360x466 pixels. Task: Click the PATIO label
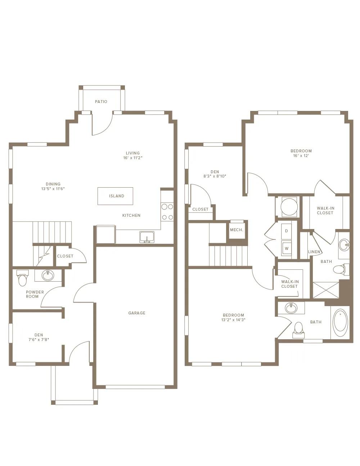101,102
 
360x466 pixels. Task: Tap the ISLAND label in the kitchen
117,196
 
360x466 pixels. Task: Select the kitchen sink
147,237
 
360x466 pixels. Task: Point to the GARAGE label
137,313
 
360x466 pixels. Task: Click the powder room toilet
22,278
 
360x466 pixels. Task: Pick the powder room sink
48,275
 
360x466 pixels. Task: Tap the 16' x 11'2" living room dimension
133,158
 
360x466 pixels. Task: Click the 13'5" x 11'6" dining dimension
53,189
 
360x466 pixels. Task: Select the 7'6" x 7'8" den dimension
39,340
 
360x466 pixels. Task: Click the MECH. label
237,230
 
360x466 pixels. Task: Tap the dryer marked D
286,231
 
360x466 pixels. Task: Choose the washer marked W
287,248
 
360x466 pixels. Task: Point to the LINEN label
314,252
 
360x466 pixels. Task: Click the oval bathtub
340,323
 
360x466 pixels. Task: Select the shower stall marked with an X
326,290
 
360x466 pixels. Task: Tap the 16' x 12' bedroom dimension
301,156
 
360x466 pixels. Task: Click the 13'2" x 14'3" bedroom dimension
233,320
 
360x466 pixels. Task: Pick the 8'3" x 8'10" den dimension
215,176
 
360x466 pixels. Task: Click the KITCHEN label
131,215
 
